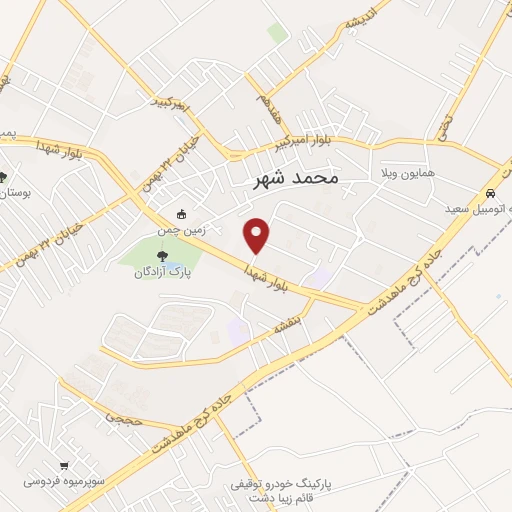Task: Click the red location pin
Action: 257,235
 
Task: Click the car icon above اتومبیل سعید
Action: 489,194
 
